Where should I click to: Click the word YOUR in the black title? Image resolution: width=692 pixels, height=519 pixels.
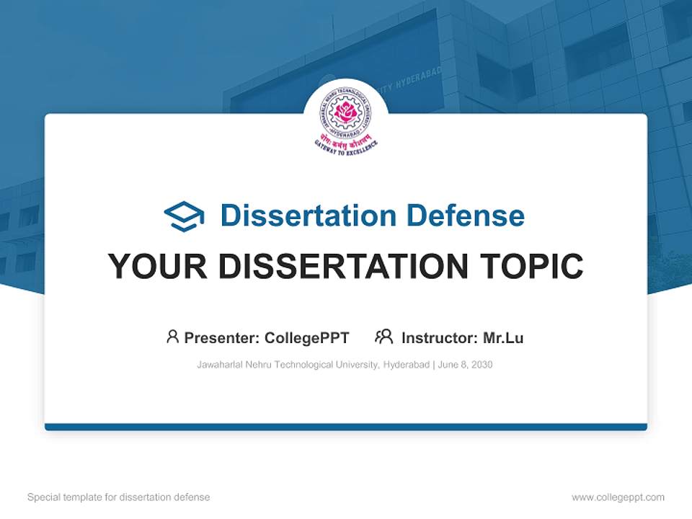pyautogui.click(x=157, y=266)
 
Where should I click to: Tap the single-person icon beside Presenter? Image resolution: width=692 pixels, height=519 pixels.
pyautogui.click(x=172, y=337)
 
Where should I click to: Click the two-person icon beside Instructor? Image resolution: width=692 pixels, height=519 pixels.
pyautogui.click(x=383, y=337)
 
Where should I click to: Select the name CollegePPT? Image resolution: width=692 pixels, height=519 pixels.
pyautogui.click(x=306, y=338)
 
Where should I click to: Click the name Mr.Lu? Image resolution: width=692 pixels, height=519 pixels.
pyautogui.click(x=503, y=338)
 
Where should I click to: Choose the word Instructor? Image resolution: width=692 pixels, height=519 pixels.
pyautogui.click(x=439, y=338)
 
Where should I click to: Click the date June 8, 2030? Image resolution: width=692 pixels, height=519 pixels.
pyautogui.click(x=466, y=365)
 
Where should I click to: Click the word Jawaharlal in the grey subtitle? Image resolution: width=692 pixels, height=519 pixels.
pyautogui.click(x=219, y=365)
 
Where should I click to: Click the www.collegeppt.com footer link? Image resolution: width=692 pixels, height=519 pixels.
pyautogui.click(x=618, y=497)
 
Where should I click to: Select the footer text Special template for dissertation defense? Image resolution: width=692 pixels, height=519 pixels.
pyautogui.click(x=119, y=497)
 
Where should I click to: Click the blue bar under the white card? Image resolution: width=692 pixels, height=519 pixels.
pyautogui.click(x=346, y=427)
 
